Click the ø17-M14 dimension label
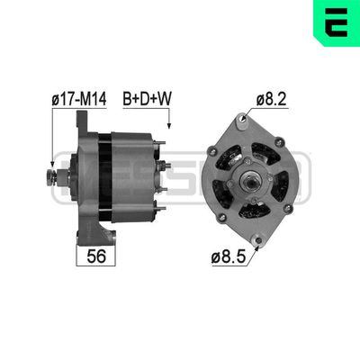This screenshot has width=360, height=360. coord(79,99)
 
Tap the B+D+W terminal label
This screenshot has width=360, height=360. coord(147,99)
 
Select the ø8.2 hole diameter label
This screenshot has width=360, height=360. coord(272,99)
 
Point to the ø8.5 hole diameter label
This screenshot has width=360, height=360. coord(229,256)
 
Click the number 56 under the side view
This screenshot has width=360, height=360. coord(96,256)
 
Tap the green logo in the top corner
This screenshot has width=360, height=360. coord(337,23)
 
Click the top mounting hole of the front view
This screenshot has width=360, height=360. coord(243,119)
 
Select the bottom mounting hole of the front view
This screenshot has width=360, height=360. coord(258,240)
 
